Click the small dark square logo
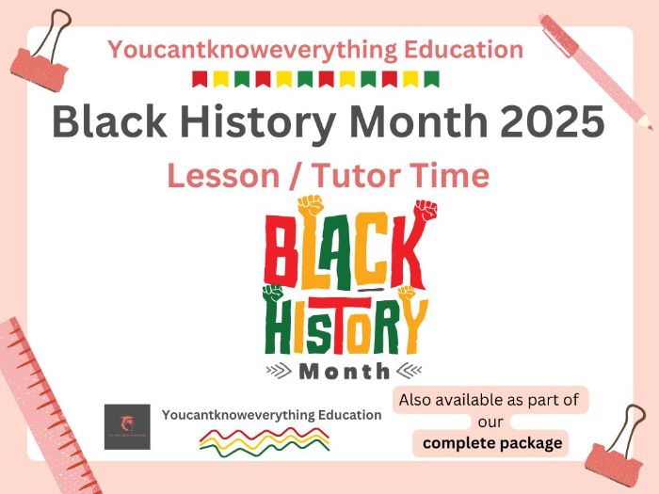(127, 426)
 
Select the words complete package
(492, 442)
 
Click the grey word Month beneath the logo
(344, 371)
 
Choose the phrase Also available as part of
(489, 400)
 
